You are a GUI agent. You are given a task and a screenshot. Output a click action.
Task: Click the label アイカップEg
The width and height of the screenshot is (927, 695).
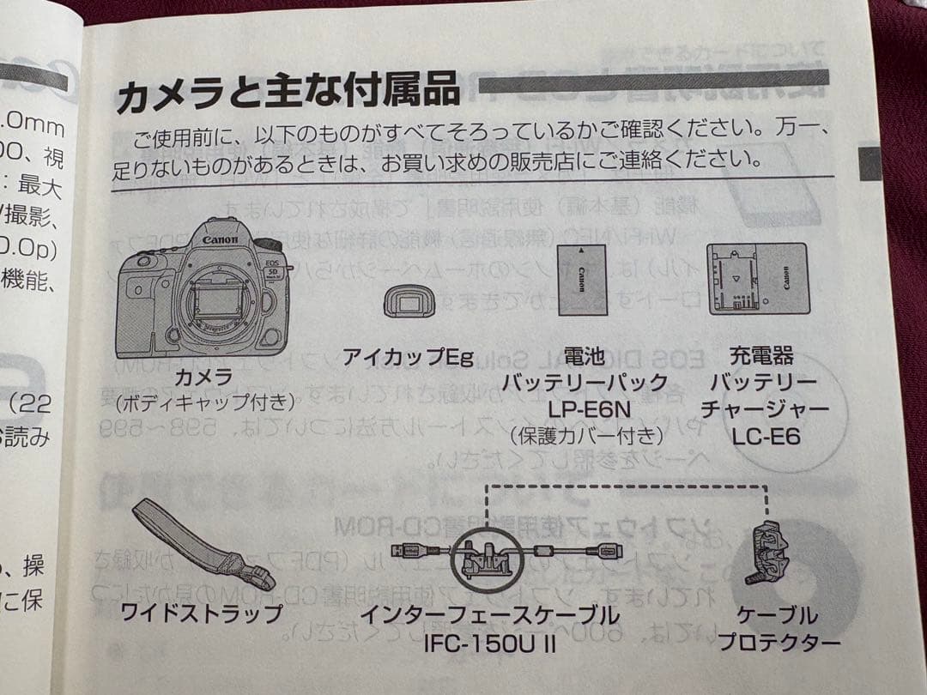(x=408, y=355)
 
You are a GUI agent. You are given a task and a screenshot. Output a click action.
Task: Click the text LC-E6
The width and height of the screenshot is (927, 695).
(x=766, y=437)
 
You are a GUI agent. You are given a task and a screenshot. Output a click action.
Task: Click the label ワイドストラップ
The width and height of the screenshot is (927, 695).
(x=202, y=614)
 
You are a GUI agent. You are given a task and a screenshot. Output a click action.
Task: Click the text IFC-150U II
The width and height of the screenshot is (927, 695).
(x=488, y=643)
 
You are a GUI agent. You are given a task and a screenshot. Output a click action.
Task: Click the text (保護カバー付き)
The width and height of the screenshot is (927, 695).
(x=586, y=435)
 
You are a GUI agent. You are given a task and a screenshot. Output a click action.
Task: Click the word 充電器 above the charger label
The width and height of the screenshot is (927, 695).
(x=761, y=354)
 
